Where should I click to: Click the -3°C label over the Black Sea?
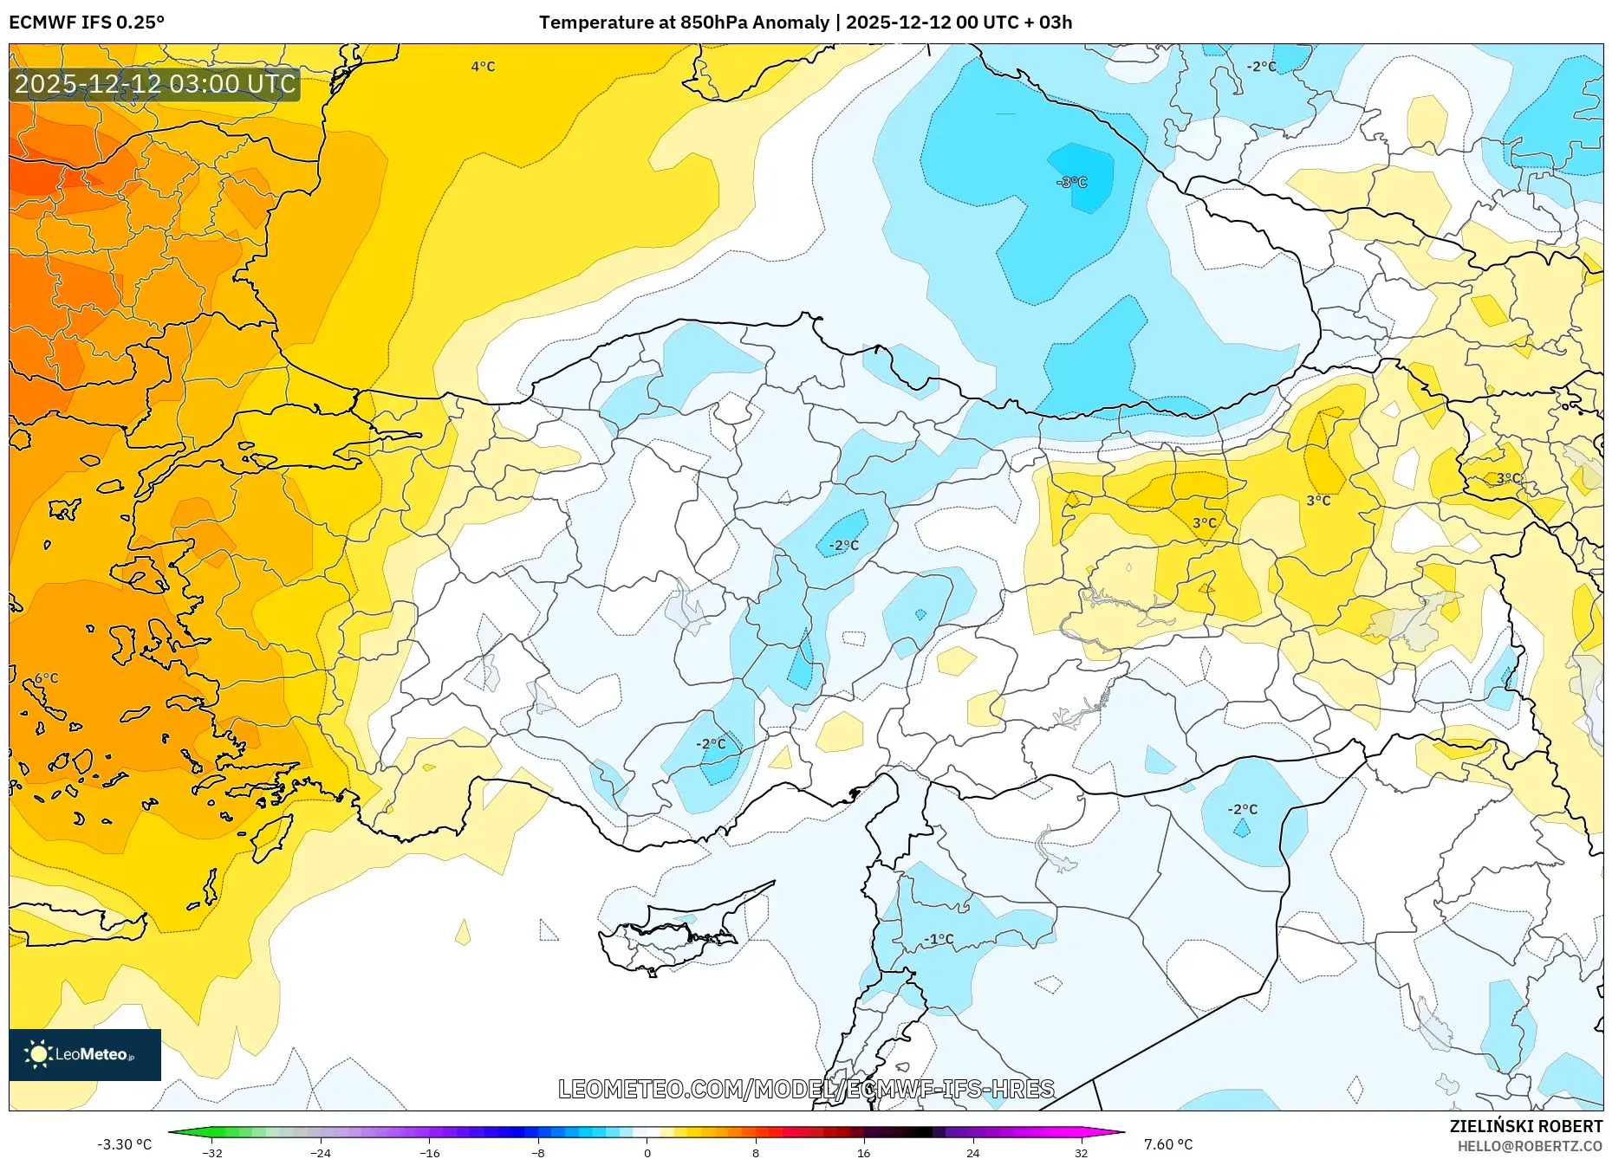pos(1072,182)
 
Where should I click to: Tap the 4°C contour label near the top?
pos(483,67)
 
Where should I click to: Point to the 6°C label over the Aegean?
pos(47,678)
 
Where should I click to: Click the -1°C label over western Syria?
pos(939,939)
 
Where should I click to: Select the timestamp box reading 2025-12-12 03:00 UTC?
pos(155,84)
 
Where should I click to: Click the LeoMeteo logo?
pos(85,1054)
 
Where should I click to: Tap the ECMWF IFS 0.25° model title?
pos(87,23)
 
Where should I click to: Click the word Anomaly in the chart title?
pos(790,23)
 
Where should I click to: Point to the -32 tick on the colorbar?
pos(212,1152)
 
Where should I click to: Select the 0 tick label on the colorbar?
pos(647,1152)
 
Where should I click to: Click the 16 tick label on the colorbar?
pos(863,1152)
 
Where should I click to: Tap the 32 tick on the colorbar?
pos(1081,1152)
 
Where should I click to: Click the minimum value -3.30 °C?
pos(125,1144)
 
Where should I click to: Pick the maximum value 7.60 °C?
pos(1167,1144)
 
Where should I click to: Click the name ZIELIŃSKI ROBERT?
pos(1525,1126)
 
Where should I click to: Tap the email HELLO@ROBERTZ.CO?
pos(1530,1146)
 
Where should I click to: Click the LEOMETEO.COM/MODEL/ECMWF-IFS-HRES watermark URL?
pos(806,1089)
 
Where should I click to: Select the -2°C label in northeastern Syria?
pos(1242,809)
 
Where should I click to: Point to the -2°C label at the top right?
pos(1261,67)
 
